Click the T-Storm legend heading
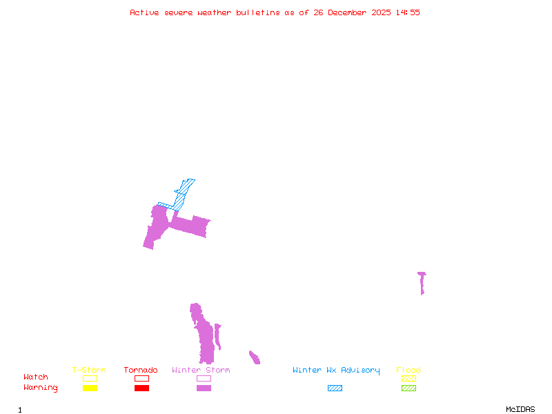(89, 371)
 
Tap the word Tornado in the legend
(141, 371)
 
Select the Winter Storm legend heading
(201, 371)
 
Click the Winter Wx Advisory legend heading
(336, 371)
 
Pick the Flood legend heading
(408, 371)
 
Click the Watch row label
(36, 377)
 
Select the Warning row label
(41, 388)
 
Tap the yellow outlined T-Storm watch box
(90, 378)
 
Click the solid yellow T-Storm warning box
(90, 388)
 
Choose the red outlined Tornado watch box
(141, 378)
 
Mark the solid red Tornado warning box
(141, 388)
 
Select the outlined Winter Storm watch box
(204, 378)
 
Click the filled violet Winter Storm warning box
(204, 388)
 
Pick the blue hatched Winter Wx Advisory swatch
(335, 388)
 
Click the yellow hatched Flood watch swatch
(408, 378)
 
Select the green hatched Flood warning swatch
(408, 388)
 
